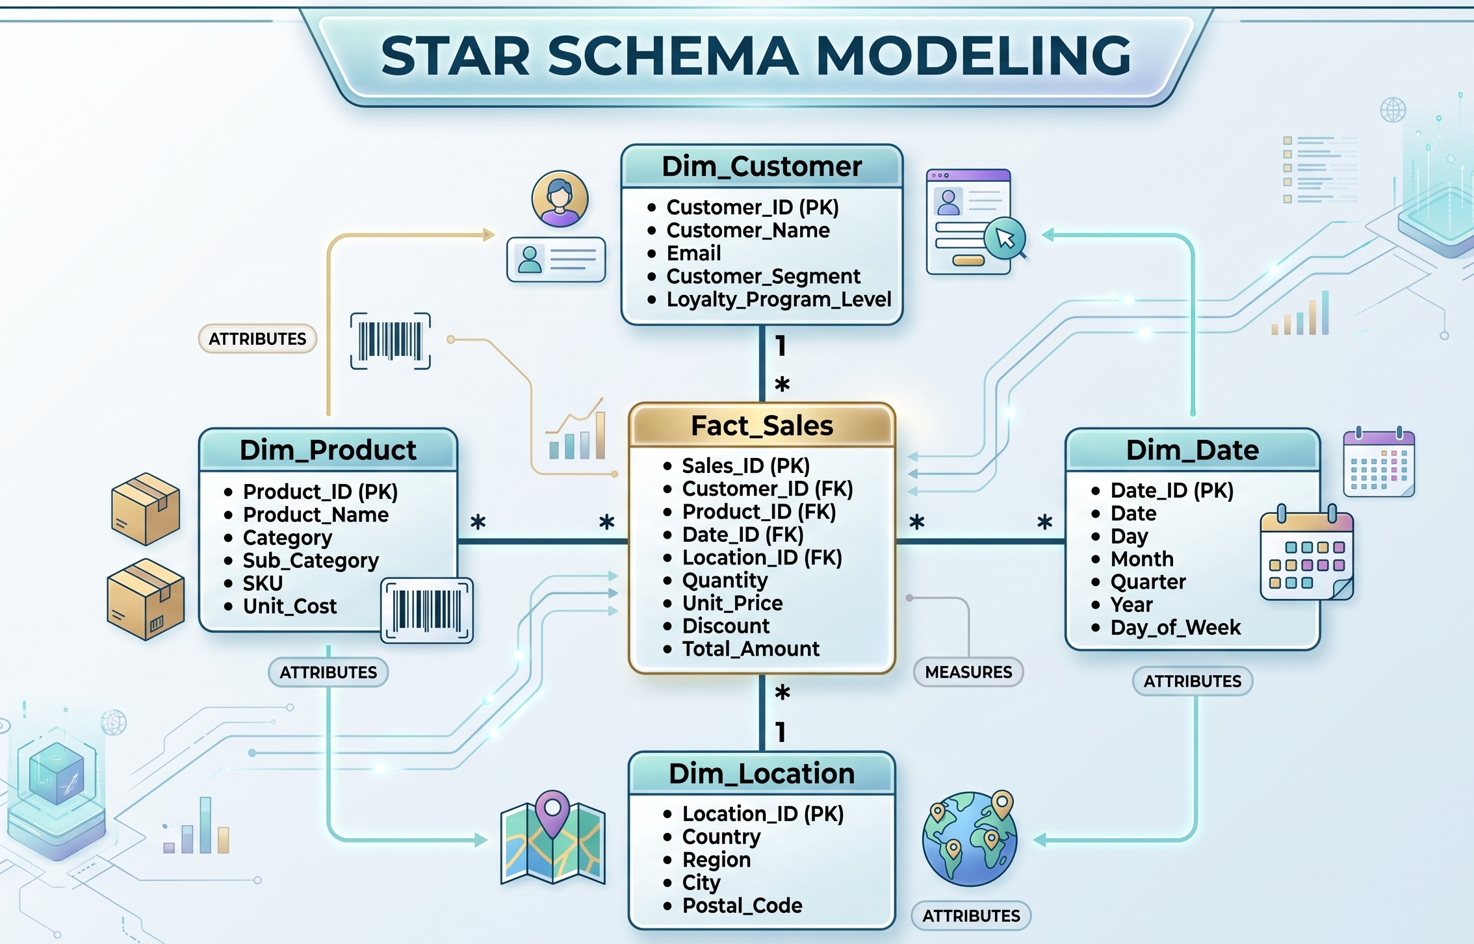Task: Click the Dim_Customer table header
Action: [762, 166]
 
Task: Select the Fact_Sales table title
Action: [762, 426]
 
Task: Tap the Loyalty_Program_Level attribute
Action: [779, 300]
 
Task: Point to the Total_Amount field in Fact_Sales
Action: [751, 649]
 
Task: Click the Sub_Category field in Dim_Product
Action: [311, 561]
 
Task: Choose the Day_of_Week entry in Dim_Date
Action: [1175, 628]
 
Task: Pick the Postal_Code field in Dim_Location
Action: [742, 906]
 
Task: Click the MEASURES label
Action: [968, 672]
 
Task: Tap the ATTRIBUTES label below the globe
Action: [971, 915]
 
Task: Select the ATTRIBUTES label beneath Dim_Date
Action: [1193, 681]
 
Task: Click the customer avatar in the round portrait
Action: [560, 199]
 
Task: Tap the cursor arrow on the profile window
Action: [1005, 238]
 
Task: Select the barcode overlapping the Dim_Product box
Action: [427, 611]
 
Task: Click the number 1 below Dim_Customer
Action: [781, 346]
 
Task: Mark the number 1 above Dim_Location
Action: [781, 733]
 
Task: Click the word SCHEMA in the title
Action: [673, 56]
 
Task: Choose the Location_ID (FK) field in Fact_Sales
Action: [762, 557]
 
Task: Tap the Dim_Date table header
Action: [1193, 450]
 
